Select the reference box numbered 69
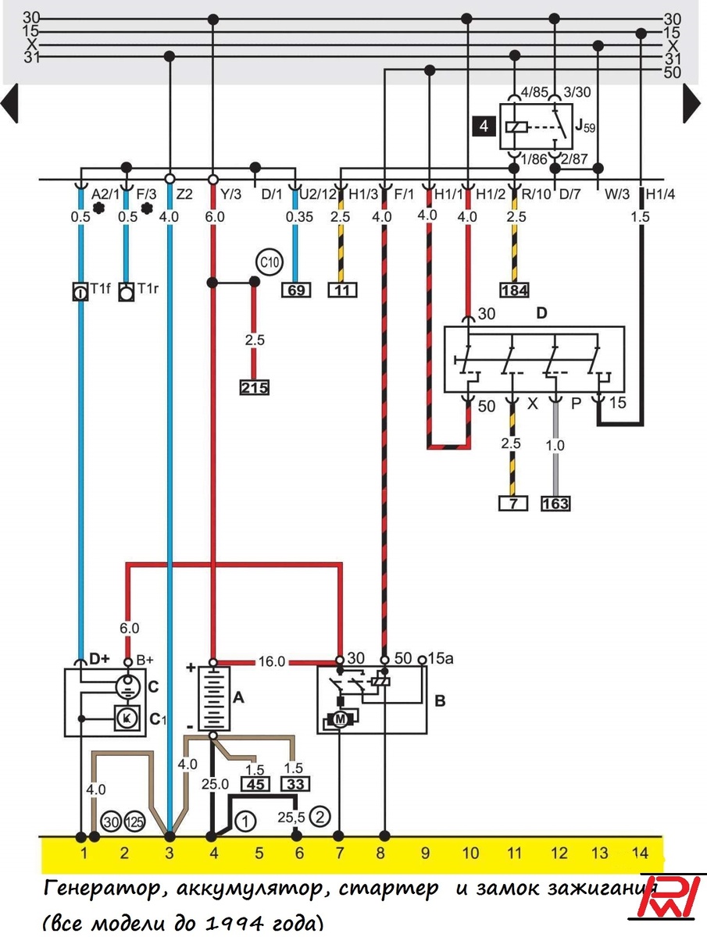296,290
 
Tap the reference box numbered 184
514,290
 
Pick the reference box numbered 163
555,504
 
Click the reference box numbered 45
255,784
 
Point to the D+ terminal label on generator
99,659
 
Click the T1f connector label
100,290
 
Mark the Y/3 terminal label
231,193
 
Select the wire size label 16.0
272,661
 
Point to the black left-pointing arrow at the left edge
9,103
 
